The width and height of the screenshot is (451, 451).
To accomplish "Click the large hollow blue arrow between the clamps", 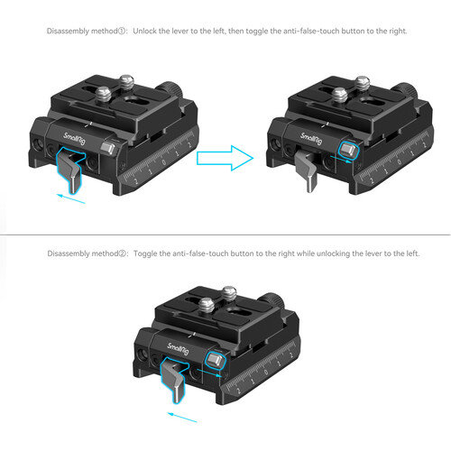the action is (225, 158).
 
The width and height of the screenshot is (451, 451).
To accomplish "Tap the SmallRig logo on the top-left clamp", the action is (75, 139).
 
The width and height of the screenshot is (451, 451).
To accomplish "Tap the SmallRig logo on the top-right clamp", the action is (311, 139).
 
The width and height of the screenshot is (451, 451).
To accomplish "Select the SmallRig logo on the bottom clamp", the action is (178, 349).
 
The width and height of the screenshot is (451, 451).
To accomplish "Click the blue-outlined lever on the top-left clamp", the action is (69, 169).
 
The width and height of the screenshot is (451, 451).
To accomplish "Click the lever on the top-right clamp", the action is (307, 170).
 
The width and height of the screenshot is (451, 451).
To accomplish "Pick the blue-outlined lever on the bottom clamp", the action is (174, 379).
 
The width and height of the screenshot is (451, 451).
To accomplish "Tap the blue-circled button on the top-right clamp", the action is (348, 150).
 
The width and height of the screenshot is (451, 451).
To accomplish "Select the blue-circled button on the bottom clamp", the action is (215, 360).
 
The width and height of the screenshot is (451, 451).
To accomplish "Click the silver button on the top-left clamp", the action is (107, 148).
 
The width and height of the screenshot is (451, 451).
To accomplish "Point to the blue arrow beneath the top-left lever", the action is (71, 198).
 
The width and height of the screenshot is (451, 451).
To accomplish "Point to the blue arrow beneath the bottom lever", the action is (182, 418).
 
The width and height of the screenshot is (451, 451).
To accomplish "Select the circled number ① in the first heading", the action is (122, 32).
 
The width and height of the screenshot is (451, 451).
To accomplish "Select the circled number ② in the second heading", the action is (123, 253).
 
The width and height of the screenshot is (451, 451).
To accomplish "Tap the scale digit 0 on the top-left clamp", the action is (164, 162).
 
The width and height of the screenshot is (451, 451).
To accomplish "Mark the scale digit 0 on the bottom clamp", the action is (266, 373).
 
